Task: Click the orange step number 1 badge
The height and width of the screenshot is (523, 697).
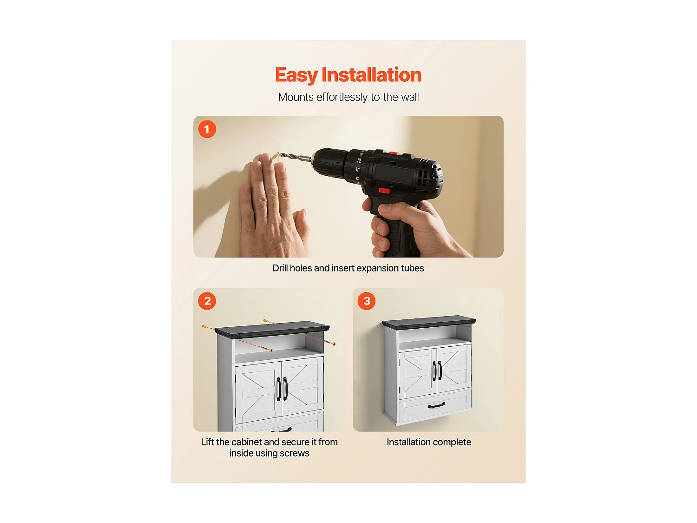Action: point(207,129)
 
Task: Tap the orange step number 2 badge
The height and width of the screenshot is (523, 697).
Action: point(207,301)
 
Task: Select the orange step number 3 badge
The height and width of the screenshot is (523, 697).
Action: point(367,301)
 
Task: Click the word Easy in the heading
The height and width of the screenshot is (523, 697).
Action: point(296,76)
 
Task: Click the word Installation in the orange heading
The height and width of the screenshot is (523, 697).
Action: point(371,75)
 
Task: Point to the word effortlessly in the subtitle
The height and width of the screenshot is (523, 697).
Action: point(342,97)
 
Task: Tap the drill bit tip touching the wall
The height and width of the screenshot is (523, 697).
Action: point(279,154)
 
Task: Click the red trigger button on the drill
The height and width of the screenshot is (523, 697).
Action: point(385,191)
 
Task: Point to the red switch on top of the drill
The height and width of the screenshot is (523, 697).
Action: point(394,153)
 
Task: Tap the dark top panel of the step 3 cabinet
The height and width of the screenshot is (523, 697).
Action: point(429,322)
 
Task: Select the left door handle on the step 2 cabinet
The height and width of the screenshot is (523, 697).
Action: point(278,389)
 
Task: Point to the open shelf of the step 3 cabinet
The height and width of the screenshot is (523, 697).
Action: point(435,338)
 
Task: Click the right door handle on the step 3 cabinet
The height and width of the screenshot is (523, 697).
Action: point(440,370)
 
